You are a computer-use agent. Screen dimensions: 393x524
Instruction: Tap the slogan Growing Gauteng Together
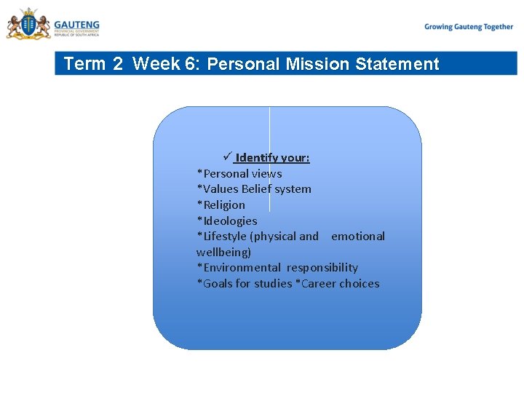click(x=469, y=27)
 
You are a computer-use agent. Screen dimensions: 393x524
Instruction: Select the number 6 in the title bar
click(x=191, y=64)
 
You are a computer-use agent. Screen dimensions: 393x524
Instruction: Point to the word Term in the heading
click(x=85, y=64)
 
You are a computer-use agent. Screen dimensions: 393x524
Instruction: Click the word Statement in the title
click(x=397, y=64)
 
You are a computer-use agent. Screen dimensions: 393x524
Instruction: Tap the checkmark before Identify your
click(x=227, y=157)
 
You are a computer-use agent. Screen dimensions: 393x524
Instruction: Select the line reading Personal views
click(x=239, y=173)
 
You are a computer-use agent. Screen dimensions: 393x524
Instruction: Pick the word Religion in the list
click(x=223, y=205)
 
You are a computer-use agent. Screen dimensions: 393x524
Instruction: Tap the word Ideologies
click(x=229, y=221)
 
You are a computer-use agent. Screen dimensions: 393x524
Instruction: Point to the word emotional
click(x=358, y=237)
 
